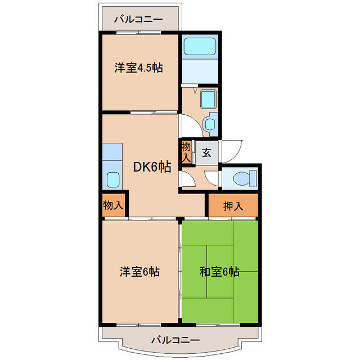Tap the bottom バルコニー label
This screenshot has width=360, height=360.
click(175, 340)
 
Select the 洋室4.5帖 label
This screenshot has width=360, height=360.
click(139, 68)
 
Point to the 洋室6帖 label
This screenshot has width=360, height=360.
click(139, 272)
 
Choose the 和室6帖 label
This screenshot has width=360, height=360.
click(219, 272)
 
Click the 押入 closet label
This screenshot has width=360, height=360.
click(233, 206)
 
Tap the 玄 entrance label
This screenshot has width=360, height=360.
click(206, 152)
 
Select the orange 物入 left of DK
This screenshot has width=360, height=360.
click(113, 205)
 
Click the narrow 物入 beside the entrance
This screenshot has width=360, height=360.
click(186, 151)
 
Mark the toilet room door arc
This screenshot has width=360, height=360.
click(213, 179)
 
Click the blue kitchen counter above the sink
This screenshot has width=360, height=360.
click(112, 152)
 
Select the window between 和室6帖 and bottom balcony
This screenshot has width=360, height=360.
click(219, 325)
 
